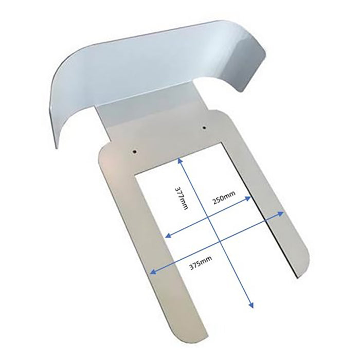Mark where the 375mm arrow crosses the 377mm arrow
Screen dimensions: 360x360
point(219,241)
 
